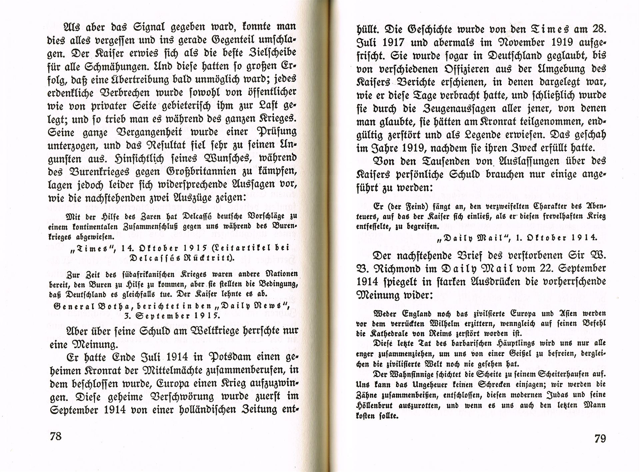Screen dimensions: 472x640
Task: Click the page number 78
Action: tap(56, 436)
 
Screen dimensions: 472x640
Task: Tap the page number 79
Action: tap(600, 438)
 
